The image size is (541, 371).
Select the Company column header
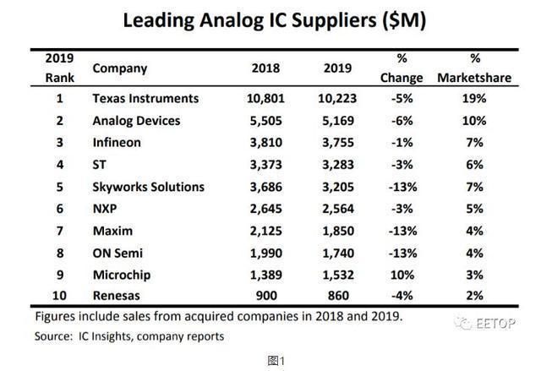coord(119,68)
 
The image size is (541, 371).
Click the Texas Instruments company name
coord(145,99)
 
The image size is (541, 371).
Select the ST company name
coord(100,165)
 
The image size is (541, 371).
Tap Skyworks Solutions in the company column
coord(148,187)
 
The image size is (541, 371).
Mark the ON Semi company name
coord(117,253)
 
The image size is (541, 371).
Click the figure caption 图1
coord(270,360)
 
